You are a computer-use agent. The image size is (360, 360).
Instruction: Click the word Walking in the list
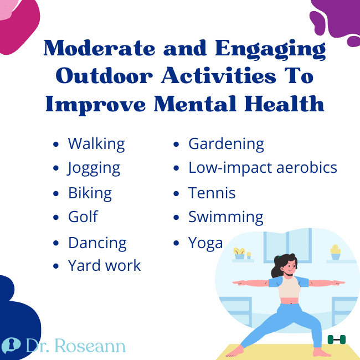[x=96, y=144]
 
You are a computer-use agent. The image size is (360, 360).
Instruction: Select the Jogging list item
[x=94, y=168]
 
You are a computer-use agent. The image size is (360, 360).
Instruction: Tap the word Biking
[x=90, y=193]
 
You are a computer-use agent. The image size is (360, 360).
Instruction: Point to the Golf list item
[x=83, y=217]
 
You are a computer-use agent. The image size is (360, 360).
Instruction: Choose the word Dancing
[x=97, y=243]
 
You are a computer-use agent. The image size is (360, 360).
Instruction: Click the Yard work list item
[x=104, y=266]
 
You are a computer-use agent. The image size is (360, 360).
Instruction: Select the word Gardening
[x=226, y=144]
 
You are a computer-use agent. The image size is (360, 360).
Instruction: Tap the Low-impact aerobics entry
[x=263, y=167]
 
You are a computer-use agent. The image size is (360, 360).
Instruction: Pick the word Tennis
[x=212, y=193]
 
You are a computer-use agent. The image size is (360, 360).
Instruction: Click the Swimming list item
[x=225, y=217]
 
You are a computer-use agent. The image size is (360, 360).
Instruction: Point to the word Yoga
[x=205, y=243]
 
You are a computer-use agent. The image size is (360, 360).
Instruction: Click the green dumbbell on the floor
[x=336, y=340]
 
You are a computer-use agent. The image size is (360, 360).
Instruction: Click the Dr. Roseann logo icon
[x=12, y=346]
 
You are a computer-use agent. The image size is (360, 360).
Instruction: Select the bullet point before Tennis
[x=176, y=194]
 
